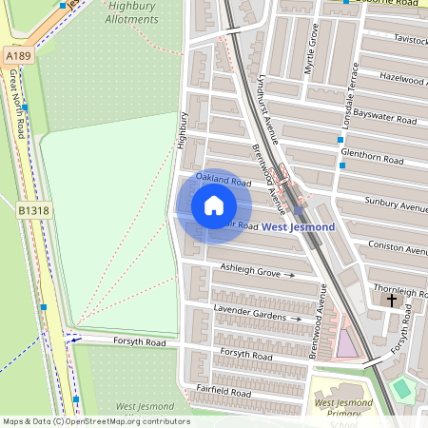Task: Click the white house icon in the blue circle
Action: click(x=213, y=205)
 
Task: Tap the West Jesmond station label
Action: click(x=298, y=227)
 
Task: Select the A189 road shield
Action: click(x=17, y=57)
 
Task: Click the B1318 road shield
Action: click(x=32, y=210)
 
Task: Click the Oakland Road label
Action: click(x=223, y=179)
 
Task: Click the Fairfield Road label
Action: click(x=223, y=391)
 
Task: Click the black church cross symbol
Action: click(x=391, y=301)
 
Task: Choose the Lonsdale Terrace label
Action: click(x=351, y=96)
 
